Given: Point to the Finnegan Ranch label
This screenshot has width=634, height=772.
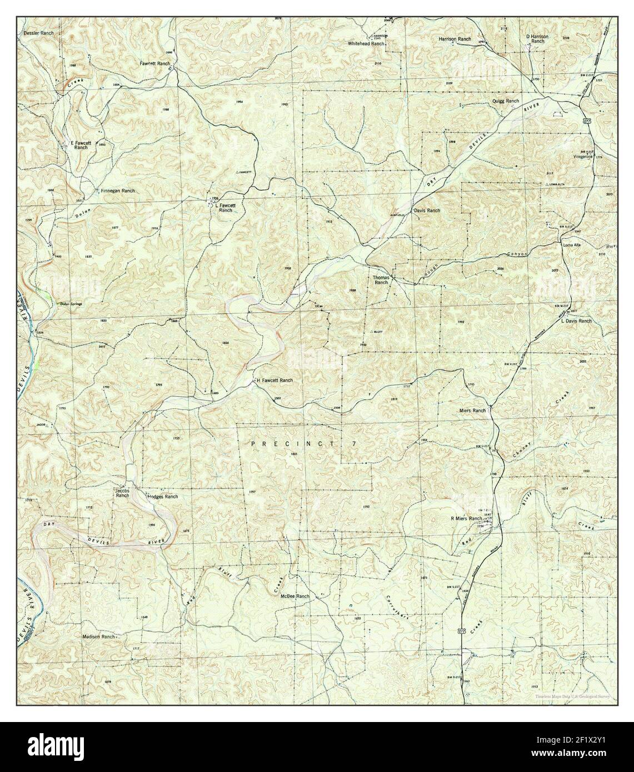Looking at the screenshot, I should coord(117,191).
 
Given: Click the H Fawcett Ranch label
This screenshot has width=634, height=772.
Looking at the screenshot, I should coord(274,380).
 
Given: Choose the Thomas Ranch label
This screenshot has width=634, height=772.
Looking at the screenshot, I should coord(381,279).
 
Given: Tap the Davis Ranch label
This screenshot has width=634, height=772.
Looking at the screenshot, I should coord(426,211).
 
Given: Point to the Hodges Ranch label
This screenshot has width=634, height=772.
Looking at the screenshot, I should coord(163,497).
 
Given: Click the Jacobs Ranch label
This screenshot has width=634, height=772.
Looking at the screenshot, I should coord(122,493).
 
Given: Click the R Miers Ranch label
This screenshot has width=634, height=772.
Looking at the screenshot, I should coord(466,519).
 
